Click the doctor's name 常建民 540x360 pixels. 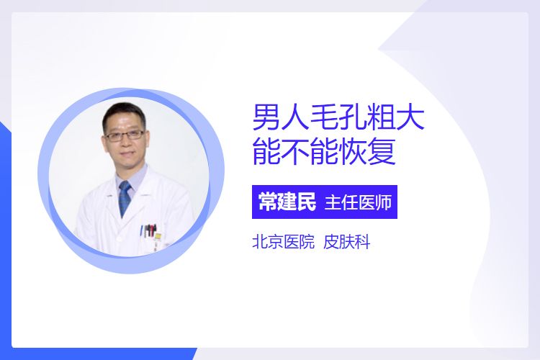point(287,202)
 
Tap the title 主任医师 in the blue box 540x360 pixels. point(358,202)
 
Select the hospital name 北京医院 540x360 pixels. point(284,242)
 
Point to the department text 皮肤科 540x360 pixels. point(347,242)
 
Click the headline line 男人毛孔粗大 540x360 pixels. point(338,117)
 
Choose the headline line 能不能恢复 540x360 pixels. point(324,152)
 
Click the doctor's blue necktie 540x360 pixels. point(125,199)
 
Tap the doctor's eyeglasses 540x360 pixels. point(125,135)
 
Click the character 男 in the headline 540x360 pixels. point(266,117)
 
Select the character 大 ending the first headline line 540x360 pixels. point(410,117)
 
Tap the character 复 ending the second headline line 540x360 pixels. point(382,152)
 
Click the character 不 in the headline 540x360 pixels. point(295,152)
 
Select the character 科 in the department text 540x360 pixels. point(362,242)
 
